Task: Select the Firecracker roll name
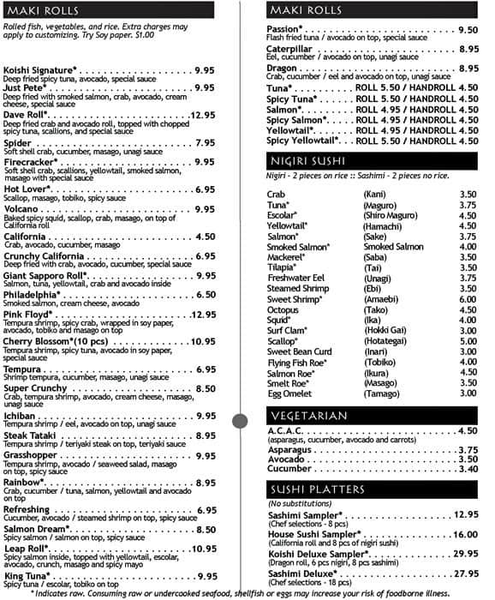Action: click(32, 161)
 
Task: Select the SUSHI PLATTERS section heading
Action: click(317, 489)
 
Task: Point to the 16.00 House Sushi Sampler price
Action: click(465, 533)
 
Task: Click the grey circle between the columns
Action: click(240, 419)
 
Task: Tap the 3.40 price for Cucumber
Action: click(467, 469)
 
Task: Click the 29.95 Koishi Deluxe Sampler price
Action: click(465, 554)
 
